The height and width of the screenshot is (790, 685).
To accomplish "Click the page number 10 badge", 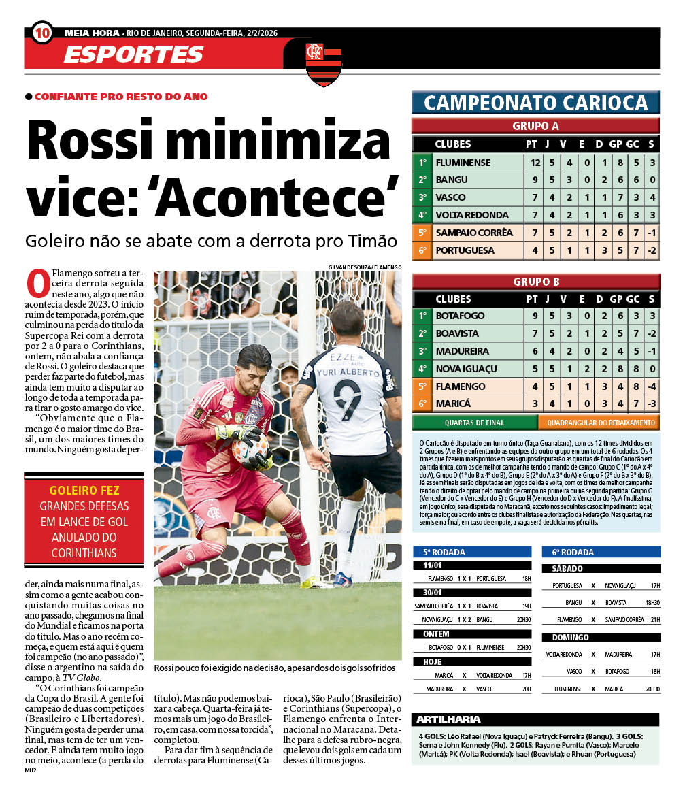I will [41, 32].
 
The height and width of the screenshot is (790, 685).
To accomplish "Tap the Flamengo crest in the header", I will [323, 63].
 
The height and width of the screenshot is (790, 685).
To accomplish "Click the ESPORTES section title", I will [133, 54].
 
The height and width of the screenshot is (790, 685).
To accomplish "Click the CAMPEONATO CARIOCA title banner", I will [535, 103].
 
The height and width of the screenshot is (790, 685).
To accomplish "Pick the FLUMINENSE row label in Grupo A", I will [464, 163].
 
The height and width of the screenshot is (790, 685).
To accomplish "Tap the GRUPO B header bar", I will [535, 281].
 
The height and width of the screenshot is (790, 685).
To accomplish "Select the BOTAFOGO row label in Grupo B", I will [460, 316].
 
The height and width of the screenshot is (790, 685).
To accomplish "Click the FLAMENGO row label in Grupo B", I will [461, 386].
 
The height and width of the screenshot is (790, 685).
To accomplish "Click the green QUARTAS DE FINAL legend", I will [475, 423].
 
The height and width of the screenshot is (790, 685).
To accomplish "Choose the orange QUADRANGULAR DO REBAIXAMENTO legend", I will [599, 423].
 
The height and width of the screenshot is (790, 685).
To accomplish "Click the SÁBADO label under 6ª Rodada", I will [567, 568].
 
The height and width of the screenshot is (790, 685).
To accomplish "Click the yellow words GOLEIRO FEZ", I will [84, 490].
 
